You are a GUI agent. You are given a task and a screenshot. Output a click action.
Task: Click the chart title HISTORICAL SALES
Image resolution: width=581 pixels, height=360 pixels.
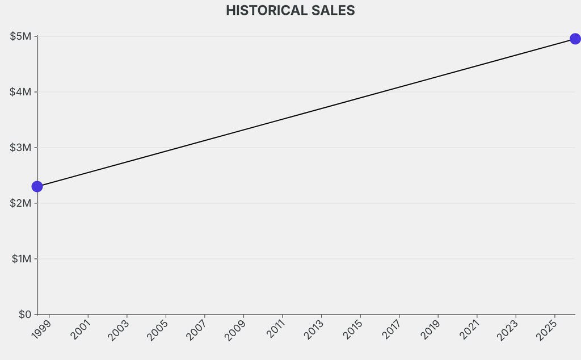(290, 10)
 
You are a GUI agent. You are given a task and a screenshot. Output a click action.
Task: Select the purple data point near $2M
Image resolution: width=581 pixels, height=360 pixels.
(37, 186)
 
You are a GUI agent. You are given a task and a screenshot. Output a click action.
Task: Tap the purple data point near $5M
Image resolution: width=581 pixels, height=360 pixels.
(575, 39)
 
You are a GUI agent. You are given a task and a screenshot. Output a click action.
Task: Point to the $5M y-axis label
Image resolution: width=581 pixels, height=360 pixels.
(20, 36)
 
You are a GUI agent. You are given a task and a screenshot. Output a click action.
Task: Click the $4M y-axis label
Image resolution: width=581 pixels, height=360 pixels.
(20, 92)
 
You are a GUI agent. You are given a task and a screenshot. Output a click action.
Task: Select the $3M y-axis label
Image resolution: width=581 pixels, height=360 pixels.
(20, 148)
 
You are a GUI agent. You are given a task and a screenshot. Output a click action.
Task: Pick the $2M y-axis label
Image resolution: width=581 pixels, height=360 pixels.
(20, 203)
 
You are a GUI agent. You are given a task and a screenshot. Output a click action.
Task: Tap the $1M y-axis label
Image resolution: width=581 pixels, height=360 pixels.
(21, 259)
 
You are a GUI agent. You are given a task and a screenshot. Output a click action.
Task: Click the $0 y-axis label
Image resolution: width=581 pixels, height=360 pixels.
(24, 314)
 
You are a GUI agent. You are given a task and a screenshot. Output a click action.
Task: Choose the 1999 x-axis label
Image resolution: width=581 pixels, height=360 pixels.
(41, 330)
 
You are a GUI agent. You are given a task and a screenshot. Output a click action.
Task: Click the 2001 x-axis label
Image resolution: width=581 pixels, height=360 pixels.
(80, 330)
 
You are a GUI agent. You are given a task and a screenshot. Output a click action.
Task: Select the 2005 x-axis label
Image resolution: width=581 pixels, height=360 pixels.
(158, 330)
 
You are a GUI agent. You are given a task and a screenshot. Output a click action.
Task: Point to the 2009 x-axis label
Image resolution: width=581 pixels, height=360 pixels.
(235, 330)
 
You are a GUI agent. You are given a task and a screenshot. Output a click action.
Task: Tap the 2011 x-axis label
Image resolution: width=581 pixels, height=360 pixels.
(274, 330)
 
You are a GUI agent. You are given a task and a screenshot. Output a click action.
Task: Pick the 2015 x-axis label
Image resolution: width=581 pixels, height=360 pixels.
(352, 330)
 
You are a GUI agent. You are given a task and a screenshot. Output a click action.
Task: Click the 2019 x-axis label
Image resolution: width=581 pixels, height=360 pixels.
(430, 330)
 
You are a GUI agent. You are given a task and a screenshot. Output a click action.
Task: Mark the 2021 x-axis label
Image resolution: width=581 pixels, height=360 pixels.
(469, 330)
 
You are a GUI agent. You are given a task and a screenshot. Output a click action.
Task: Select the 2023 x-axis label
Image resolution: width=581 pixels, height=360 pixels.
(508, 330)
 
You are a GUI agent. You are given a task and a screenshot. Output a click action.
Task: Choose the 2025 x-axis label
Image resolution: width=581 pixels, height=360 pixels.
(546, 330)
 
